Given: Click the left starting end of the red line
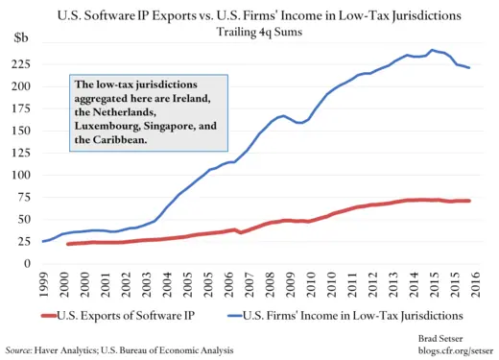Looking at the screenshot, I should click(x=67, y=244).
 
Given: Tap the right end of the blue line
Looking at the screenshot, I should click(x=469, y=68).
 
